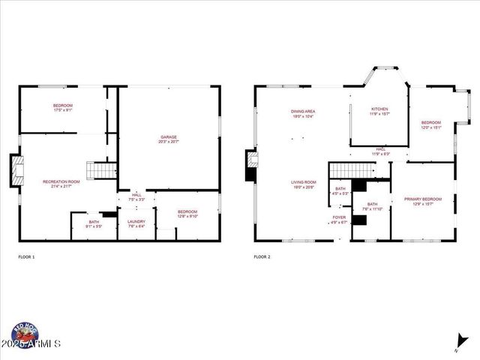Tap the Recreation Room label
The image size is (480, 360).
point(61,184)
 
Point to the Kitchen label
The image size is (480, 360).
point(380,112)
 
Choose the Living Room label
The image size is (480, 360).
point(304,184)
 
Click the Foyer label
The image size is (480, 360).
point(340,220)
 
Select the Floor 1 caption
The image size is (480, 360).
point(26,257)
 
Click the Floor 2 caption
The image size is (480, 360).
point(262,257)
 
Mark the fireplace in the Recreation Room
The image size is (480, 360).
point(14,171)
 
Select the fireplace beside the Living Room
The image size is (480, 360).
point(250,166)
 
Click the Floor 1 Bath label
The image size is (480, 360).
point(94,223)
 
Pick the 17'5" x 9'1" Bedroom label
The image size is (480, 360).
point(62,107)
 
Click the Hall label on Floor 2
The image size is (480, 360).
point(381,151)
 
